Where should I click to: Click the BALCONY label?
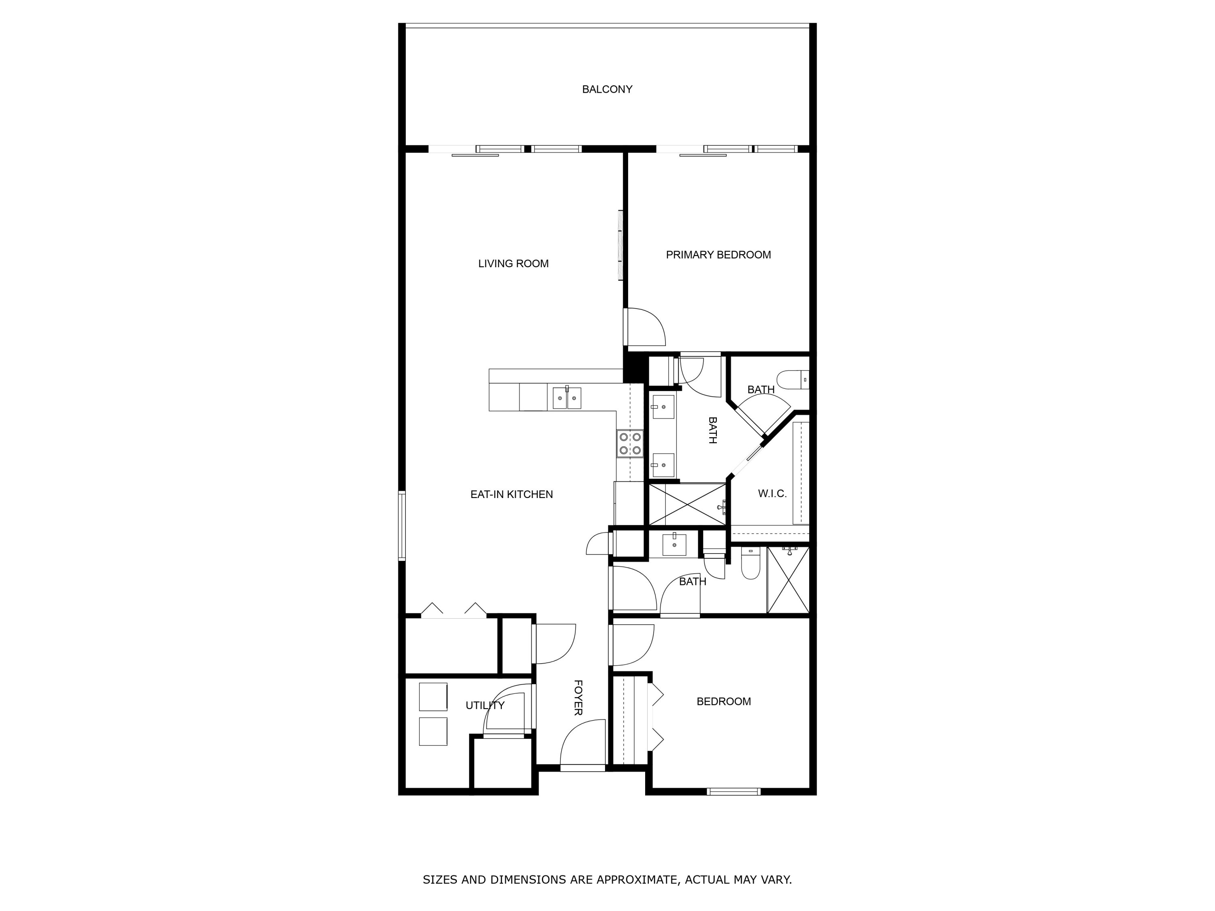(607, 89)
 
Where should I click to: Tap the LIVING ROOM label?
(513, 264)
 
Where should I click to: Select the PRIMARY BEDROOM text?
(718, 255)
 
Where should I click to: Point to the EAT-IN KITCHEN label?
(512, 494)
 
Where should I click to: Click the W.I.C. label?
(772, 494)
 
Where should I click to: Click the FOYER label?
(578, 697)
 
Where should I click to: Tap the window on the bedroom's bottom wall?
(733, 791)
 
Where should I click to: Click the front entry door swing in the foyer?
(582, 744)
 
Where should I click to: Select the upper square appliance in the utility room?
(433, 697)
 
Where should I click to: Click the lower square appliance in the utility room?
(433, 731)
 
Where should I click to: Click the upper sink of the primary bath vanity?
(663, 407)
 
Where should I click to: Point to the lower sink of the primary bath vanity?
(663, 465)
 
